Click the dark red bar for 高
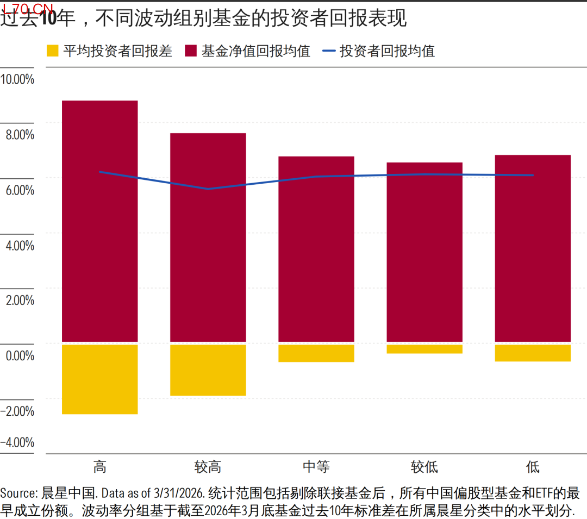(x=100, y=221)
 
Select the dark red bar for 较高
(x=208, y=237)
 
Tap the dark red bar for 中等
(x=316, y=249)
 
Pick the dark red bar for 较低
(x=424, y=252)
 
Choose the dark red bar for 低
(x=533, y=248)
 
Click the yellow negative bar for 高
(x=100, y=379)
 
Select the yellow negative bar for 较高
(x=208, y=370)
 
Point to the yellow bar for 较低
(x=424, y=349)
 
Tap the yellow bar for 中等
(x=316, y=353)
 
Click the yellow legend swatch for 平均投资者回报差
(x=52, y=51)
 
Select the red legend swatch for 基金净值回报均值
(x=191, y=51)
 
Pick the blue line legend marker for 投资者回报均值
(x=329, y=51)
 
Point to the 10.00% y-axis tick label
(x=17, y=79)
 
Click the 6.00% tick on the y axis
(x=20, y=190)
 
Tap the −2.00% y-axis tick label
(x=17, y=411)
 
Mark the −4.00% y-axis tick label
(x=17, y=442)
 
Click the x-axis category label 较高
(x=208, y=467)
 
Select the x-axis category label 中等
(x=316, y=467)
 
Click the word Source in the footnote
(x=18, y=493)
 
